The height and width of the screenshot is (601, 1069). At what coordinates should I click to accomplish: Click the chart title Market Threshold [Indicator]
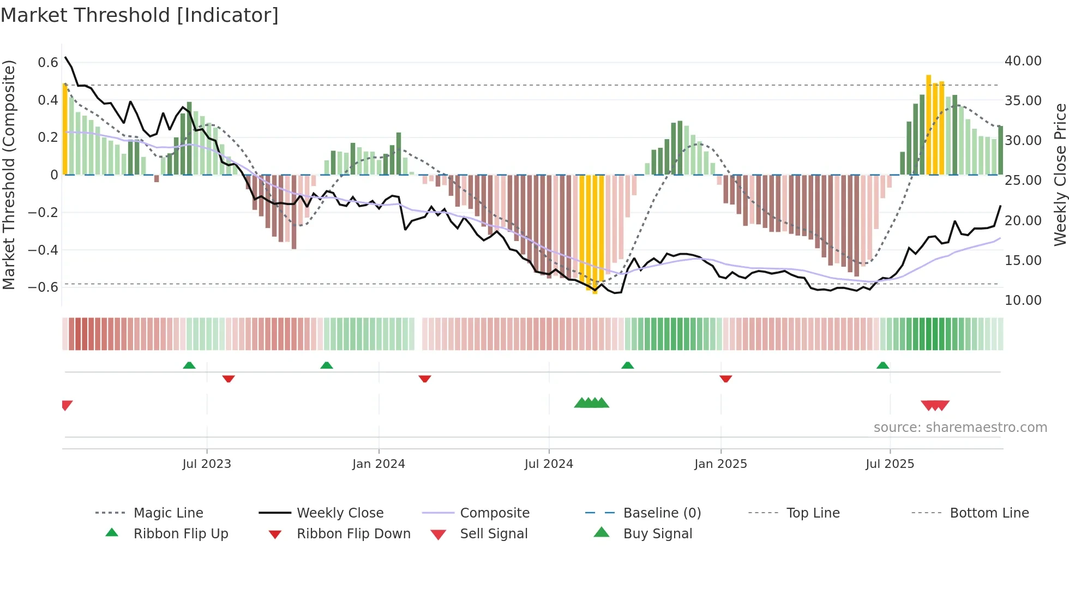tap(140, 15)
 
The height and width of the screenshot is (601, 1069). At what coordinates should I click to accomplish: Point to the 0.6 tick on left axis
tap(48, 63)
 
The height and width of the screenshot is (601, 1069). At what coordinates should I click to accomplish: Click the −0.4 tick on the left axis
tap(43, 250)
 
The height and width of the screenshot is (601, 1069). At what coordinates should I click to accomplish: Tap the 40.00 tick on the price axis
tap(1023, 61)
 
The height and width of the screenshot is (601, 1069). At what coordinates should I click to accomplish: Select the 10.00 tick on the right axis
tap(1023, 300)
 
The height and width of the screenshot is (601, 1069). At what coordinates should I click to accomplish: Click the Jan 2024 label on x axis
tap(379, 464)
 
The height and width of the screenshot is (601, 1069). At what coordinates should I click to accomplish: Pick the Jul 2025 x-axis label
tap(890, 464)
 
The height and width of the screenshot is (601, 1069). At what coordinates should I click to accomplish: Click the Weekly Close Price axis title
tap(1060, 175)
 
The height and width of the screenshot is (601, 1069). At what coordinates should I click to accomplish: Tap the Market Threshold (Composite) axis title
tap(9, 175)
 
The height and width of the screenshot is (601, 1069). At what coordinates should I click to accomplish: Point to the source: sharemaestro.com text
tap(960, 428)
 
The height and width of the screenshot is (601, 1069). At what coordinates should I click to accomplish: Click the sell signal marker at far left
tap(67, 405)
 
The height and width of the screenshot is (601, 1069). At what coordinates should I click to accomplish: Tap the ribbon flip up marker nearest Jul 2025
tap(882, 365)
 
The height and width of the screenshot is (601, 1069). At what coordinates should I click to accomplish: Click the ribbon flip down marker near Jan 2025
tap(725, 378)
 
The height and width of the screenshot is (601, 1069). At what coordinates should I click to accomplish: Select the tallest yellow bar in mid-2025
tap(928, 125)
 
